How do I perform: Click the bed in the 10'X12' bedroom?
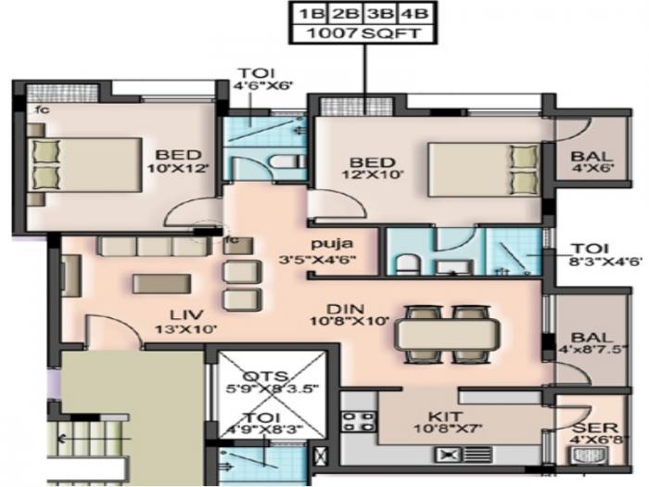pos(83,164)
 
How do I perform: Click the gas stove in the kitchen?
pos(355,422)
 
